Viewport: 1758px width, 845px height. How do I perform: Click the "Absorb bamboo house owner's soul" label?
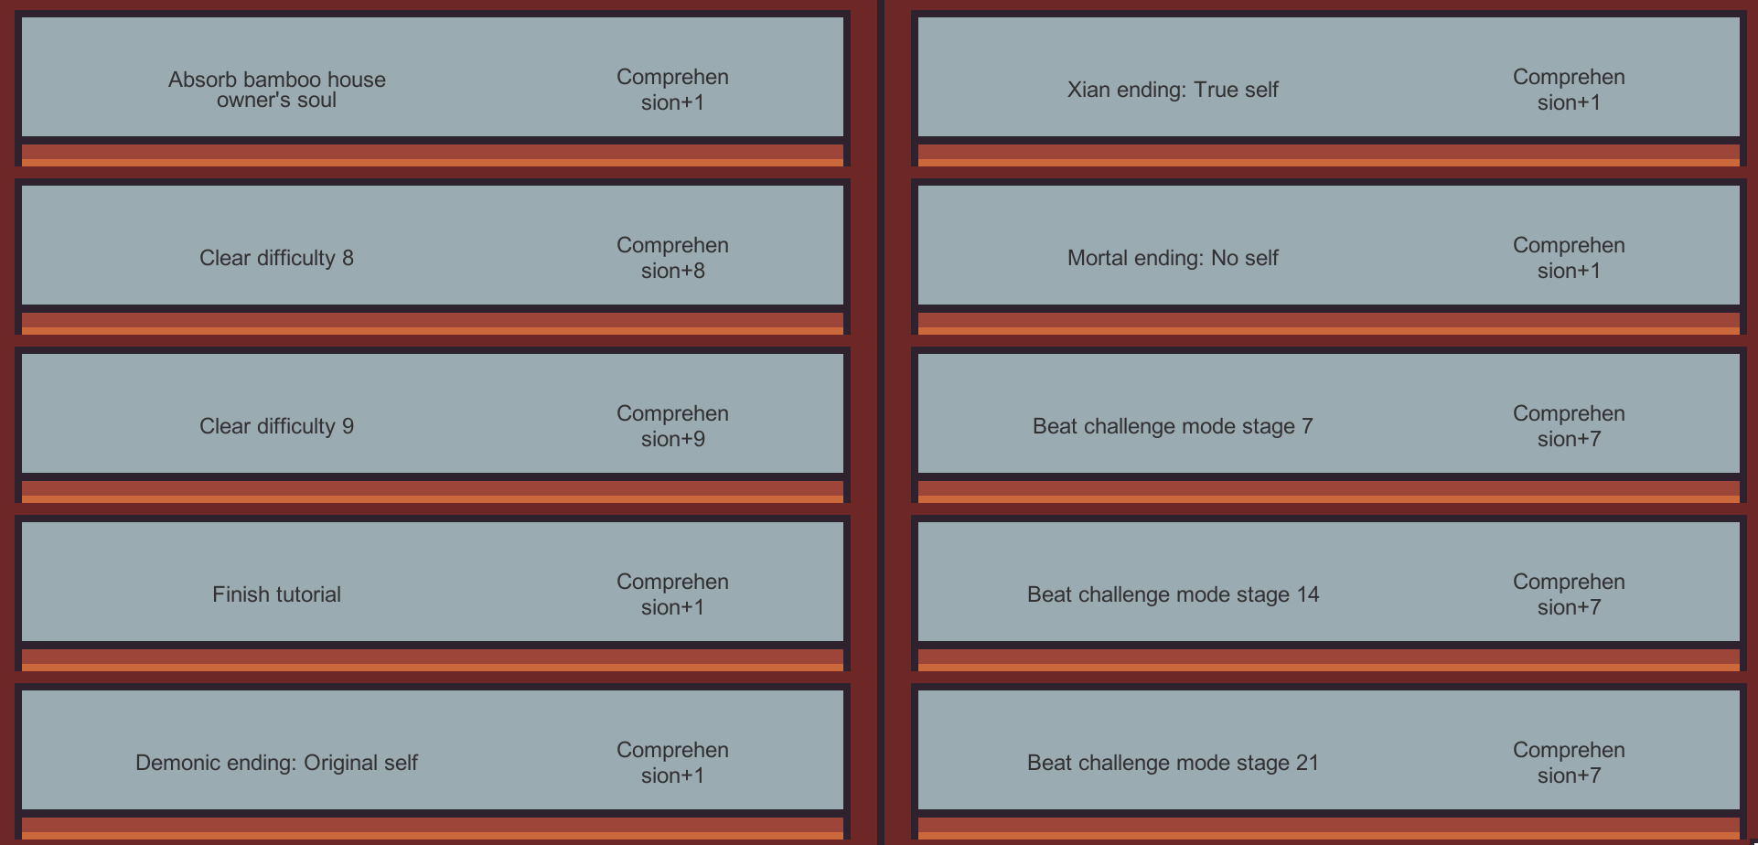coord(276,90)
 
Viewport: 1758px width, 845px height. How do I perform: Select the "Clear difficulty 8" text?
coord(276,258)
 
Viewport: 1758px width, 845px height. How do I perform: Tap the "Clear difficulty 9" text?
coord(276,426)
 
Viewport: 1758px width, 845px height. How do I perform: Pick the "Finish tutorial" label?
coord(276,594)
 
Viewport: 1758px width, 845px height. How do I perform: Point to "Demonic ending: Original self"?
coord(276,763)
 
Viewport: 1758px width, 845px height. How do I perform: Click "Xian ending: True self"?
coord(1173,90)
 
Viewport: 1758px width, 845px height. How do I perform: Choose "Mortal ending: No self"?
coord(1173,258)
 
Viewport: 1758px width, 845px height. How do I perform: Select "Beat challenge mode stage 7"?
coord(1173,426)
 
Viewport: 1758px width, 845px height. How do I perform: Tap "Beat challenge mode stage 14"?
coord(1173,594)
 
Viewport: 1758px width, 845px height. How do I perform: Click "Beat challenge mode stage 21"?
coord(1173,763)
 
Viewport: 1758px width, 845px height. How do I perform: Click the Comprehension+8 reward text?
coord(672,258)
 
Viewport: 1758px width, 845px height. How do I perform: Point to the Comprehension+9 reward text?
coord(672,426)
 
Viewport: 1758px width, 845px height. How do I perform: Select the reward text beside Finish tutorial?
coord(672,594)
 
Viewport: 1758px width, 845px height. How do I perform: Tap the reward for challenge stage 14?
coord(1569,594)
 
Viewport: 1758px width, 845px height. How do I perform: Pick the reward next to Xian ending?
coord(1569,90)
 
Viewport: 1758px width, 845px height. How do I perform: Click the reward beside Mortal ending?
coord(1569,258)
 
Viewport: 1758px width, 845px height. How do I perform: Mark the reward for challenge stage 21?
coord(1569,763)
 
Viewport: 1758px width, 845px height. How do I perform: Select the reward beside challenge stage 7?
coord(1569,426)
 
